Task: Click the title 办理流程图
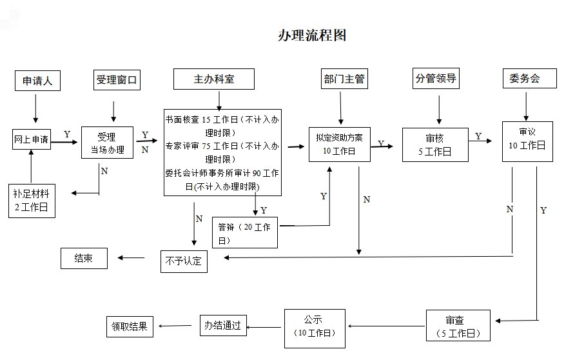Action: [x=312, y=35]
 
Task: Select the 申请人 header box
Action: [x=37, y=81]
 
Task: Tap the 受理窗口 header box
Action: [x=117, y=80]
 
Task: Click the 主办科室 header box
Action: [x=214, y=79]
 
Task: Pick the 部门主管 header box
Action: [x=344, y=79]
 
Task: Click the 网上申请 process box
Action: [x=32, y=139]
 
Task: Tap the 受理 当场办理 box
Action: [x=107, y=143]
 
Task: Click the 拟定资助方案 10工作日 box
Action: [x=339, y=143]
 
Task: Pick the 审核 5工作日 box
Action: [x=435, y=145]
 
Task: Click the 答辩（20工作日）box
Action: [x=244, y=233]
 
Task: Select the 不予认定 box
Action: [x=184, y=261]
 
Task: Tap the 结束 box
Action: [x=84, y=258]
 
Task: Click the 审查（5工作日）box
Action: [x=458, y=326]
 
